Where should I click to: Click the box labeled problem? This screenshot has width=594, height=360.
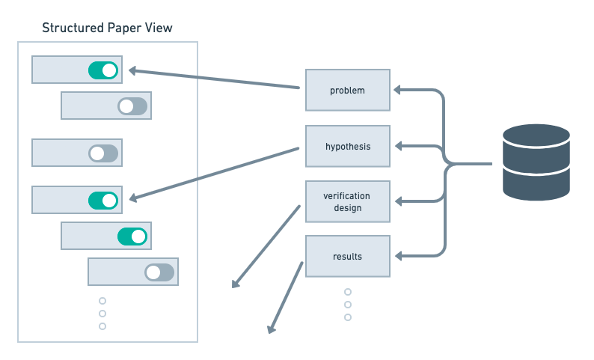347,91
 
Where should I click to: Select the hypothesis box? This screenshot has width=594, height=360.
347,146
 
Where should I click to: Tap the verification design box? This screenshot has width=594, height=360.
347,201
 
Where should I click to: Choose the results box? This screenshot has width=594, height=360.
347,256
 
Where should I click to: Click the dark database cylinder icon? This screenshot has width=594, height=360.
536,162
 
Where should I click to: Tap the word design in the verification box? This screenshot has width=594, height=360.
347,207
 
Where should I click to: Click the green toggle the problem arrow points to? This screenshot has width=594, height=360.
103,70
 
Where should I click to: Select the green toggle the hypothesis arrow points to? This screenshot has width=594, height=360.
103,201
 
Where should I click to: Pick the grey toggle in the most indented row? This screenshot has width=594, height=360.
159,272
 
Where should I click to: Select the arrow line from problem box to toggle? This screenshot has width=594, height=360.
217,79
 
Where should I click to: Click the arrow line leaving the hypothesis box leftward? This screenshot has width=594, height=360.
217,173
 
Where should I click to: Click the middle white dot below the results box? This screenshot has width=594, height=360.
348,305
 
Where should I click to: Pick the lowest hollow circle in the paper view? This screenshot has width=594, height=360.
102,326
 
